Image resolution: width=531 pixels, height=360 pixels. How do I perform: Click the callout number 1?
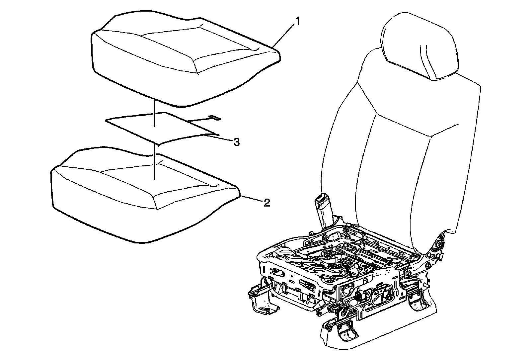pos(297,22)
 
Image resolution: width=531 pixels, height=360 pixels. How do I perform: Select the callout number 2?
pos(266,203)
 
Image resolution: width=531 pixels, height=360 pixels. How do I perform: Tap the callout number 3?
pos(236,142)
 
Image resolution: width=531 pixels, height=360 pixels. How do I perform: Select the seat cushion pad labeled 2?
pos(143,199)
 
